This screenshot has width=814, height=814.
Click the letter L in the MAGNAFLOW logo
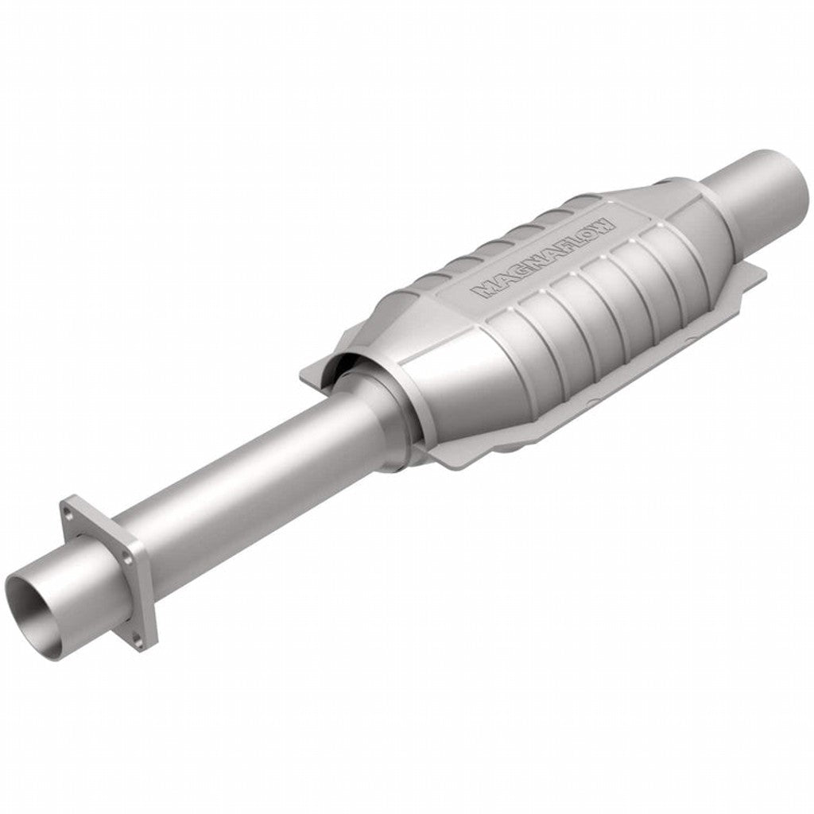574,238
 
